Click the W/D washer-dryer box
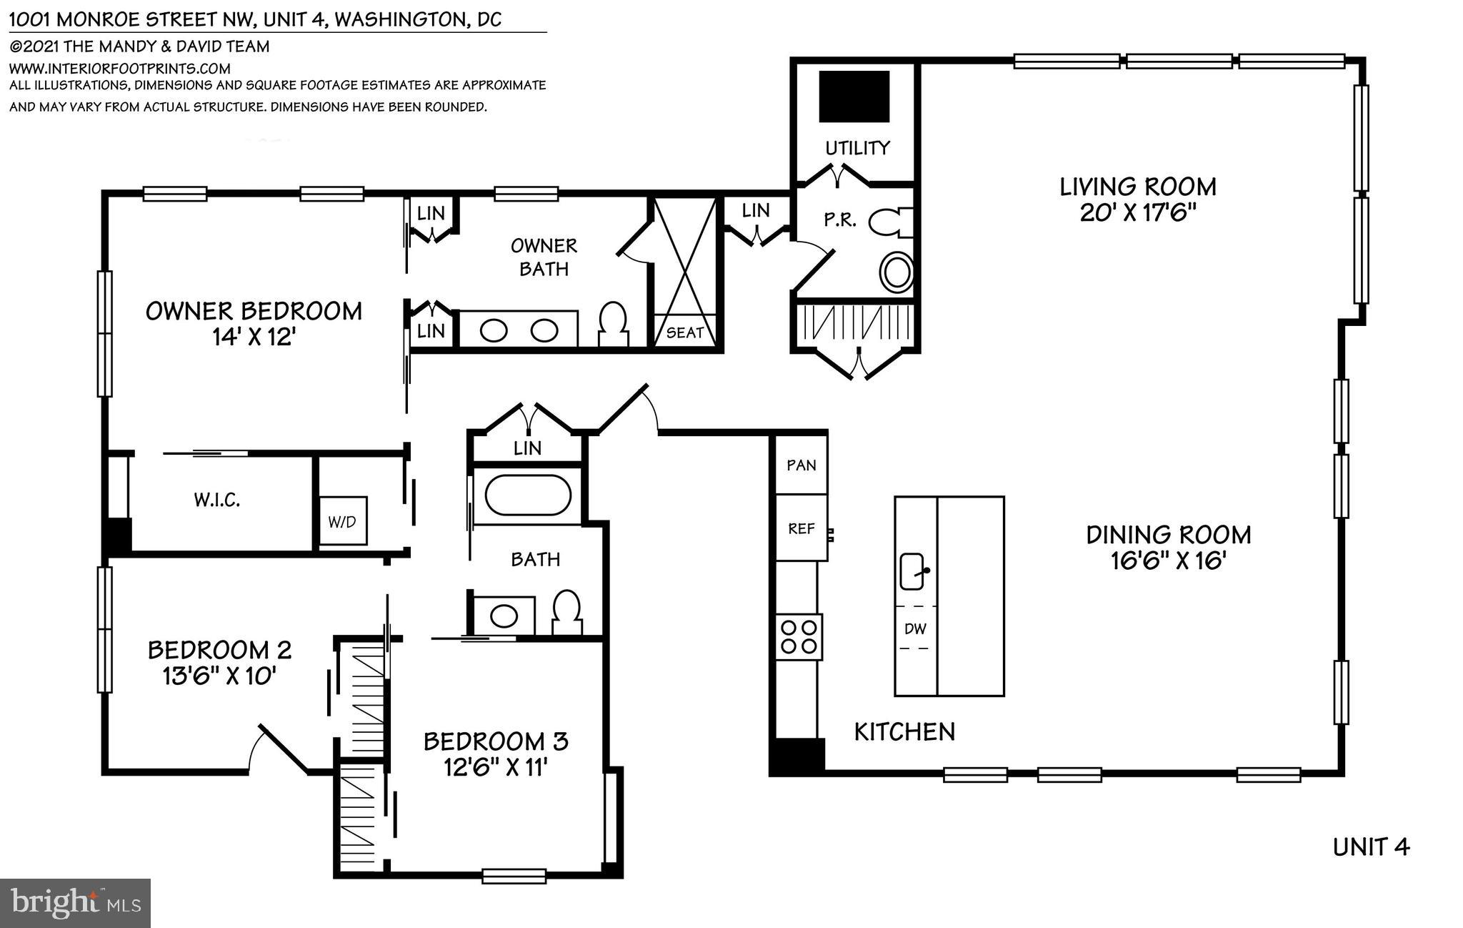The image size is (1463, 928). point(342,521)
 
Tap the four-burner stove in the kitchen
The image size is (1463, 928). point(799,637)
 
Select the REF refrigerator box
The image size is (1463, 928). point(801,528)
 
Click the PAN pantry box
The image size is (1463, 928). point(801,465)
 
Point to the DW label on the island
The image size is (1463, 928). point(914,628)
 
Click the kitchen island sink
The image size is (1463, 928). point(912,571)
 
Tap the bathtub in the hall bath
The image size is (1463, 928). point(527,495)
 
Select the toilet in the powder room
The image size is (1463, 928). point(892,222)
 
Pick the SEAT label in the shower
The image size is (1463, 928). point(684,332)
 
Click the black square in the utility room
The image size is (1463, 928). point(854,97)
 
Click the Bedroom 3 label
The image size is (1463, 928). point(495,741)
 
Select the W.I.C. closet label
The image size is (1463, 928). point(216,500)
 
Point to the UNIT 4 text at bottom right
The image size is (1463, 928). point(1371,847)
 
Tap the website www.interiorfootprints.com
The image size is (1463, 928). point(119,69)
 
